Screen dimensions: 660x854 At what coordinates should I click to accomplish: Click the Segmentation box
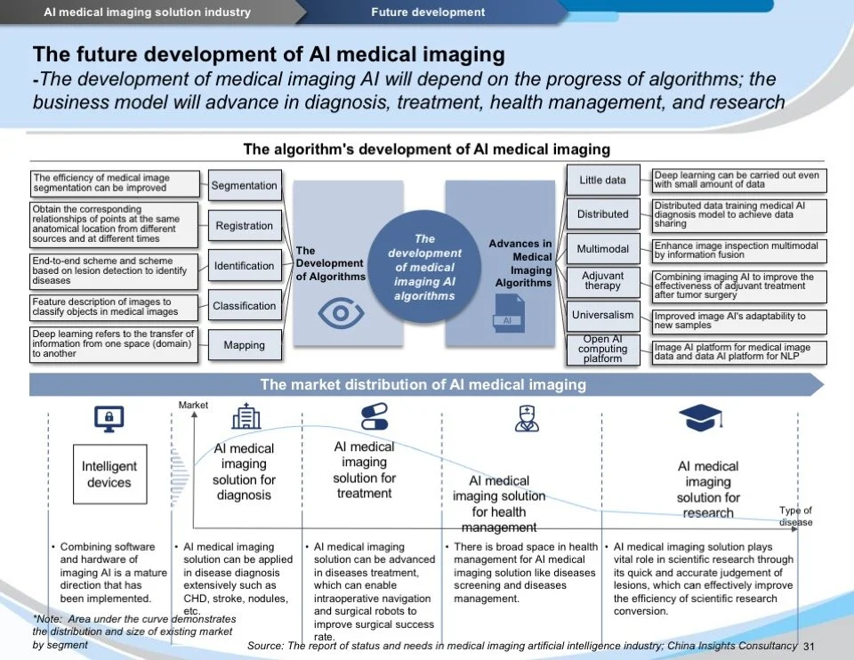point(245,186)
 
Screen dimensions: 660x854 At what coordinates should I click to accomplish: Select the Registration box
point(245,226)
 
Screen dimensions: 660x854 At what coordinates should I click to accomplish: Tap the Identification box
point(245,266)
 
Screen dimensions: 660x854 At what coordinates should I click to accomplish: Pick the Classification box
point(245,306)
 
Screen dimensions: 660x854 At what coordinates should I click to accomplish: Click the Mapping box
point(245,345)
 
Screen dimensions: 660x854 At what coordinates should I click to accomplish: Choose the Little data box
point(602,181)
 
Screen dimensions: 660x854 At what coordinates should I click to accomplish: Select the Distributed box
point(602,214)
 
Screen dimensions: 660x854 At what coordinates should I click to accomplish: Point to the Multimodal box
point(602,249)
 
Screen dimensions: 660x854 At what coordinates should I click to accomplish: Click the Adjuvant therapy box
point(602,281)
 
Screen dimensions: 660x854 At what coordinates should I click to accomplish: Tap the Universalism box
point(602,315)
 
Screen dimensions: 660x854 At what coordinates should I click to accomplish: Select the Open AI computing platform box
point(602,349)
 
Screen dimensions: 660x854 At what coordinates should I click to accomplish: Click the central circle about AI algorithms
point(424,267)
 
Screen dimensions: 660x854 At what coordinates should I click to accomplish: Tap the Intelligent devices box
point(109,474)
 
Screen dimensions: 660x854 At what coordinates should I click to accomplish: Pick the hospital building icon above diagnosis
point(246,416)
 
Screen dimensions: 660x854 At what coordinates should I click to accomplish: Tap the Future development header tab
point(428,12)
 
